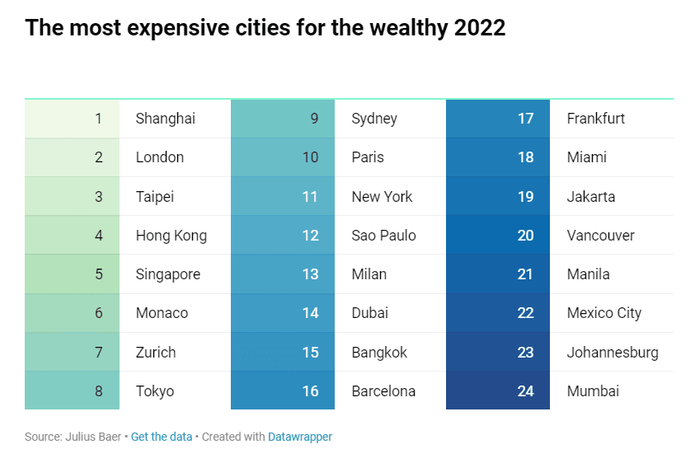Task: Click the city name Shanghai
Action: click(x=165, y=119)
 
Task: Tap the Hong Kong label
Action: click(x=171, y=236)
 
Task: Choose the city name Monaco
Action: click(x=162, y=313)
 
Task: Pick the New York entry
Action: click(x=382, y=197)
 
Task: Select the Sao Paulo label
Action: click(x=383, y=236)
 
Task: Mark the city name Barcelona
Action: click(x=383, y=391)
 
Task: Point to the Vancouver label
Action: click(x=600, y=236)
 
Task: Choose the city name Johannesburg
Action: click(x=613, y=353)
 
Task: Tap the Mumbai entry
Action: click(x=593, y=391)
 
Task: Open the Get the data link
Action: click(x=161, y=437)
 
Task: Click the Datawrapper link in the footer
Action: click(x=299, y=437)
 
